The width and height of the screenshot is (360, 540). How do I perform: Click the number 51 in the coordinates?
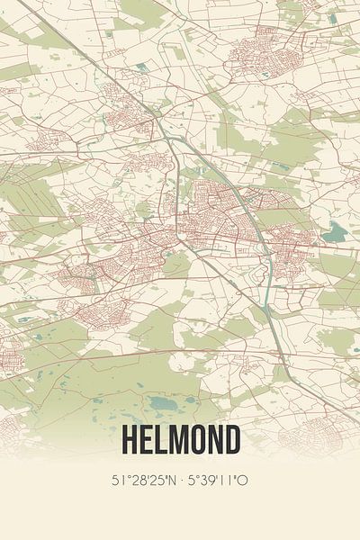pos(119,481)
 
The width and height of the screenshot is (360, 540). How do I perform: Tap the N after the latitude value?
pos(169,481)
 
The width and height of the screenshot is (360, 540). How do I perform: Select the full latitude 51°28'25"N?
pos(143,481)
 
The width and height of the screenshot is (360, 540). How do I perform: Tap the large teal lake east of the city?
pos(335,233)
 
